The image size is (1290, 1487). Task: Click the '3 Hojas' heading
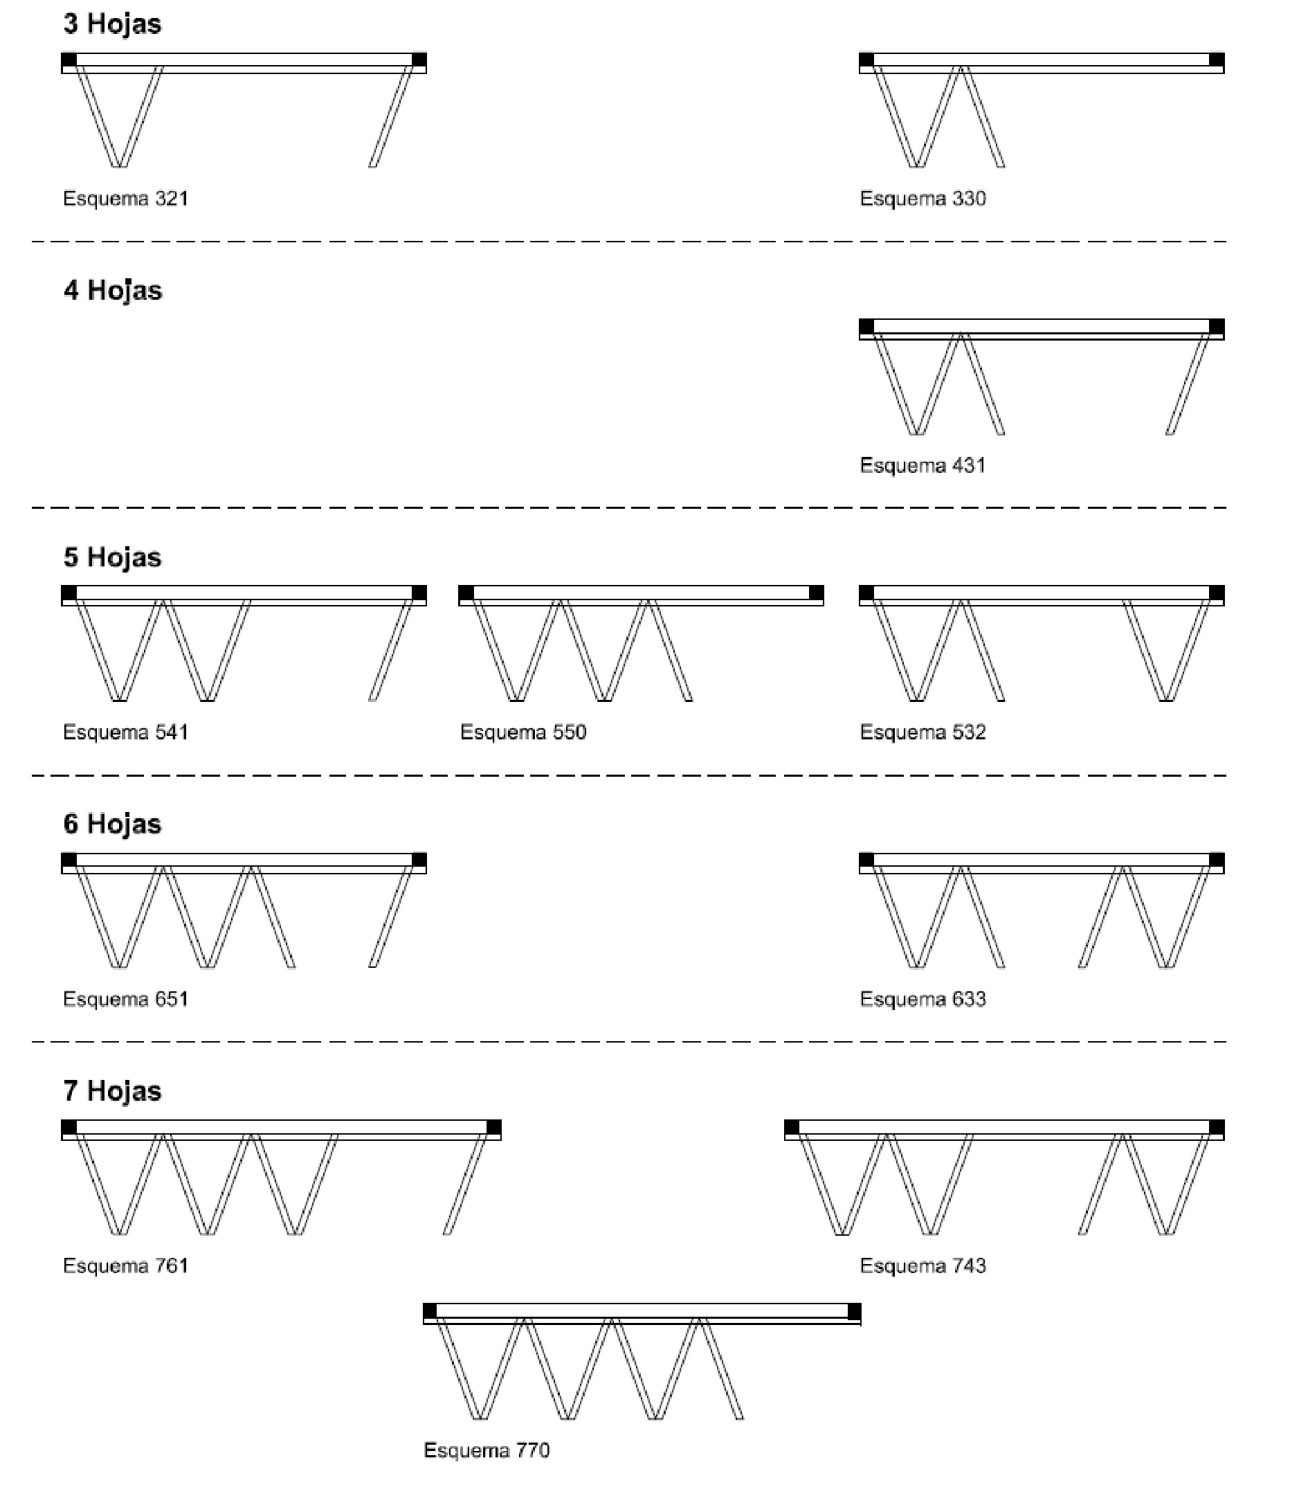click(x=112, y=24)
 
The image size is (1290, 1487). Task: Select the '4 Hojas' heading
click(x=112, y=291)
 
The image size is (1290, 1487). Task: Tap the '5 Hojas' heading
click(x=112, y=557)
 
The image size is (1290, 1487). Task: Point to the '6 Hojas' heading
click(x=112, y=824)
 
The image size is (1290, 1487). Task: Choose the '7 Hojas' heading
click(x=112, y=1091)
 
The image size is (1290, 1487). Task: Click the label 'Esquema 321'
click(x=126, y=199)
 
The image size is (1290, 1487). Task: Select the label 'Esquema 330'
click(x=923, y=199)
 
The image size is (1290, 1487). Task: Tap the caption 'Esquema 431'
click(x=923, y=465)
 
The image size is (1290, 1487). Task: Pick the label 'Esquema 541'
click(x=126, y=732)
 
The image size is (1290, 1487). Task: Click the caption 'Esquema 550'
click(x=523, y=732)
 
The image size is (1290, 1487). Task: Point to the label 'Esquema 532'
click(x=923, y=732)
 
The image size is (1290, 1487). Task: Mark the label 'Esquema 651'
click(x=126, y=1000)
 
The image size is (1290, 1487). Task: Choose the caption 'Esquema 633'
click(x=923, y=1000)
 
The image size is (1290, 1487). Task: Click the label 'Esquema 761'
click(x=126, y=1266)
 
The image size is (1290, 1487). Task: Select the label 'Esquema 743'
click(x=923, y=1266)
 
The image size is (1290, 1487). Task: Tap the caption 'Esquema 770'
click(x=487, y=1450)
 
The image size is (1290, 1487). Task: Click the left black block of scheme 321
click(x=69, y=60)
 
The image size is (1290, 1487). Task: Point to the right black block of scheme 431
click(x=1217, y=326)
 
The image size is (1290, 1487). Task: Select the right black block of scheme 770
click(x=855, y=1311)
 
